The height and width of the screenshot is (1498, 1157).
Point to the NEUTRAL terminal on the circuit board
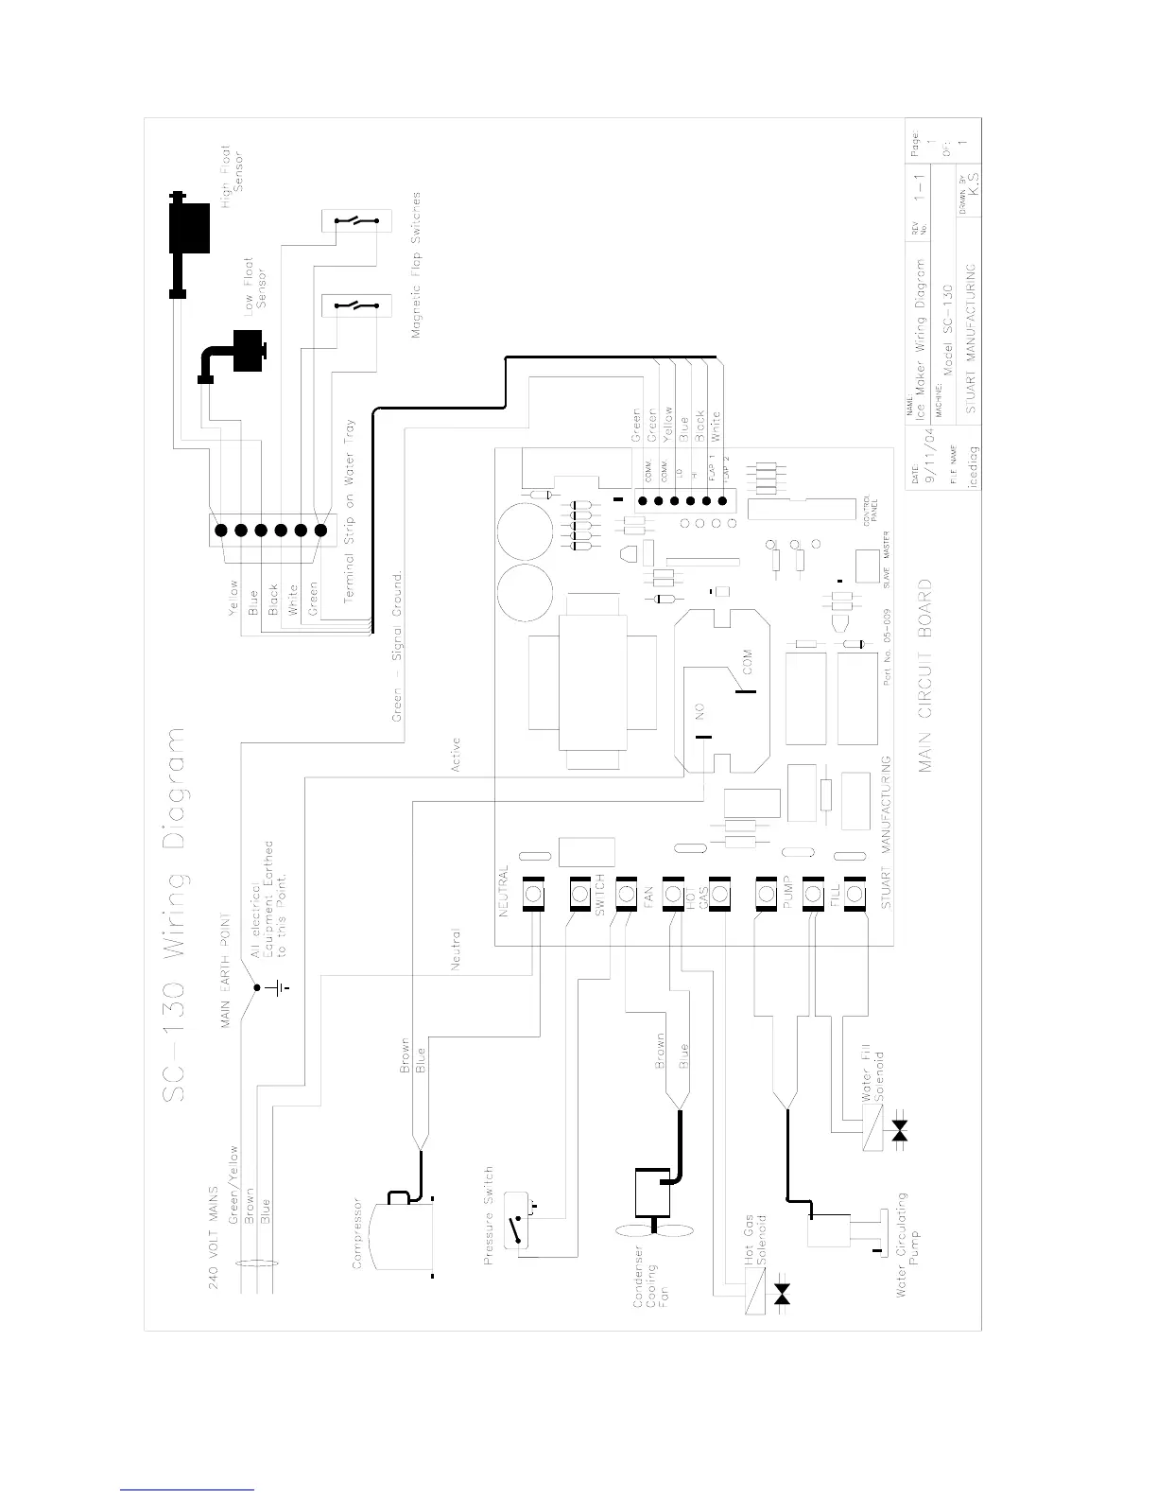(x=534, y=894)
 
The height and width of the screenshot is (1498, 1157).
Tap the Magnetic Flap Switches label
(x=417, y=265)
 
